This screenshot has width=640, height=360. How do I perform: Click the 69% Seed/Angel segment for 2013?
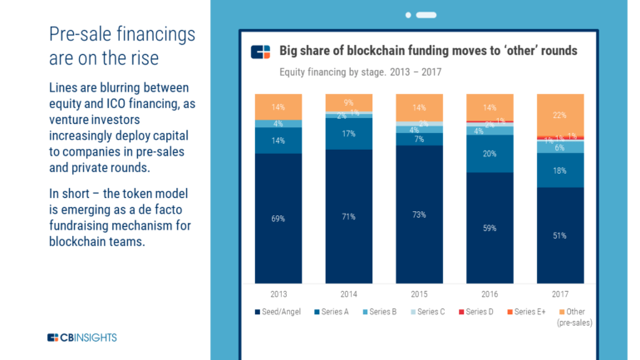click(x=278, y=218)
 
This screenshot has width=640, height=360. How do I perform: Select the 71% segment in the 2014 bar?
click(x=349, y=216)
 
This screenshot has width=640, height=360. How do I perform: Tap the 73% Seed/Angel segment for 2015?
click(x=420, y=215)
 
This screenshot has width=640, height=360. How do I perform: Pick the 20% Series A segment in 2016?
click(x=490, y=153)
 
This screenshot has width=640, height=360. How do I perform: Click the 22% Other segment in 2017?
click(x=561, y=114)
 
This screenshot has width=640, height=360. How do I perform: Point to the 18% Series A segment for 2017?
click(x=561, y=170)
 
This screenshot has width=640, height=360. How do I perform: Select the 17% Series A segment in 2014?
click(x=349, y=134)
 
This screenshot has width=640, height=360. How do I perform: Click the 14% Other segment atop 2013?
click(x=278, y=106)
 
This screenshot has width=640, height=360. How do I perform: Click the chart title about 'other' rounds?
click(x=428, y=51)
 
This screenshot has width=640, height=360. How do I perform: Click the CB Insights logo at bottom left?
click(x=81, y=337)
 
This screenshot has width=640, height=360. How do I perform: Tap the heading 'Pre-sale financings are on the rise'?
click(x=121, y=47)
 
